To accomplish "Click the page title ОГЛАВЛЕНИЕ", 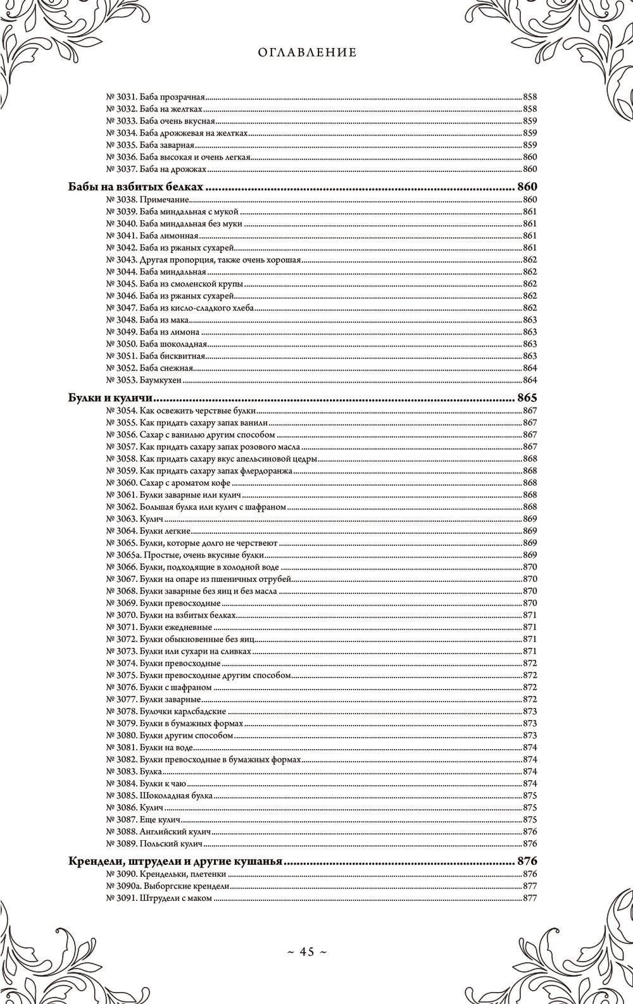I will point(308,53).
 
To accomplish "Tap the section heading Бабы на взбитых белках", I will point(135,188).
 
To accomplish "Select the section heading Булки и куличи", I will point(111,399).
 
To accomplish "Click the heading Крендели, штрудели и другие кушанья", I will point(175,862).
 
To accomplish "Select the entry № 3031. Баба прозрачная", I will point(156,97).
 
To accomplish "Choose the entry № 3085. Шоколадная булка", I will point(159,795).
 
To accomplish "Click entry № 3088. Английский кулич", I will point(158,832).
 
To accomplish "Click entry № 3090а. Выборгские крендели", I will point(168,886).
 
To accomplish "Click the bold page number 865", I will point(527,399).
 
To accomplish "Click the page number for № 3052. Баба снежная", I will point(530,368).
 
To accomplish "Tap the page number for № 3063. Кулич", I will point(530,519).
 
